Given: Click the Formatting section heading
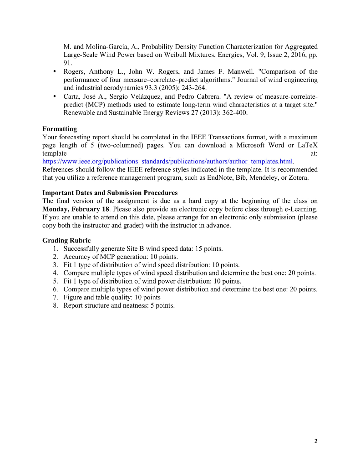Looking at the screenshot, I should [x=60, y=129].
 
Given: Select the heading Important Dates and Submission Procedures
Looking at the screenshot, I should [x=110, y=193].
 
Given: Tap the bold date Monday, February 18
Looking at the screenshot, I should [x=72, y=209].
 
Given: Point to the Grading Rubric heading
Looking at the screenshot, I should [x=66, y=240].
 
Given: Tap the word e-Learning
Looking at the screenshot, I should [x=299, y=209].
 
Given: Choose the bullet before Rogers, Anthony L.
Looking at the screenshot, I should [x=55, y=72].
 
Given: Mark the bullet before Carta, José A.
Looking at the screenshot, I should [x=55, y=96].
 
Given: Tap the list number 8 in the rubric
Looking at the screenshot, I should [x=55, y=305].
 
